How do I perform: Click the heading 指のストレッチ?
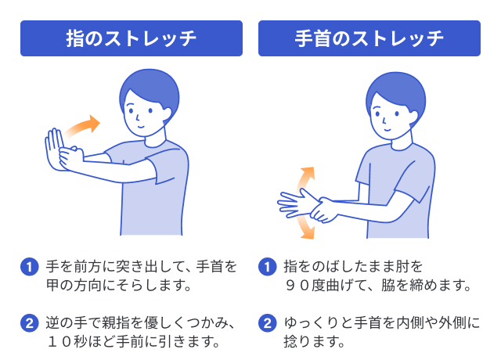131,38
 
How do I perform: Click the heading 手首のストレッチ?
369,38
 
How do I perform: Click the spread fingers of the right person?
294,202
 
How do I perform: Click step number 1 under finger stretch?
28,267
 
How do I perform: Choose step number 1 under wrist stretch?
268,267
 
